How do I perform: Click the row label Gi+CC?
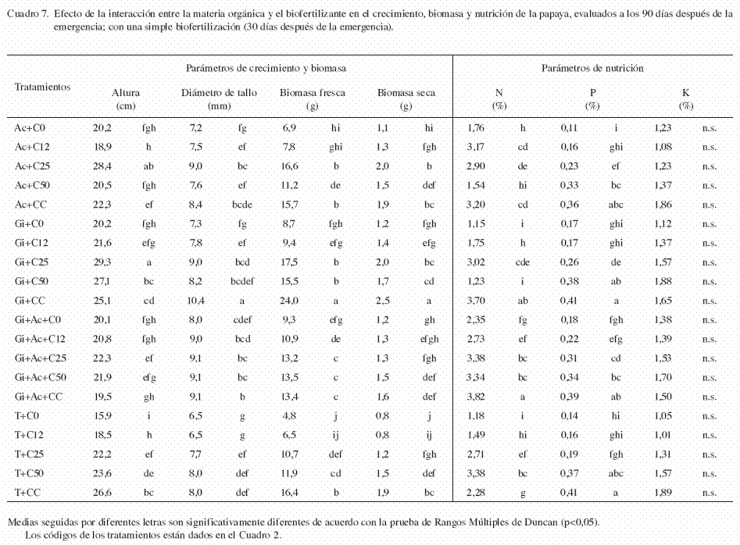[x=30, y=301]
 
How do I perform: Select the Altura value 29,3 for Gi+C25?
[x=102, y=262]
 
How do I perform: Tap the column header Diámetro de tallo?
[x=219, y=93]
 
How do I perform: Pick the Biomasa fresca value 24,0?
[x=289, y=301]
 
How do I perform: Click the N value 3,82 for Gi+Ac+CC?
[x=476, y=397]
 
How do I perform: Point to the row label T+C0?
[x=27, y=416]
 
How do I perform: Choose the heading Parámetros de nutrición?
[x=592, y=69]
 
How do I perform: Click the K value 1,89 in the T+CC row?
[x=663, y=493]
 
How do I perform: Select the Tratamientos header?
[x=42, y=87]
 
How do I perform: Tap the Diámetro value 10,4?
[x=196, y=301]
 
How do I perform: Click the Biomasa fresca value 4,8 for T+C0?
[x=289, y=416]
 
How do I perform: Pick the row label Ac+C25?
[x=32, y=166]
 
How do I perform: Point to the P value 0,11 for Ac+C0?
[x=569, y=128]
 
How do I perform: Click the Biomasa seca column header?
[x=406, y=93]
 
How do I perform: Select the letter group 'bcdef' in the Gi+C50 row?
[x=242, y=281]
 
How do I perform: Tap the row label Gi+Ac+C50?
[x=41, y=377]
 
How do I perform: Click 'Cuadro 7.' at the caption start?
[x=27, y=14]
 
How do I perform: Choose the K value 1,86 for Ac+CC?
[x=663, y=205]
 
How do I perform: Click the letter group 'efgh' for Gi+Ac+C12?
[x=429, y=339]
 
